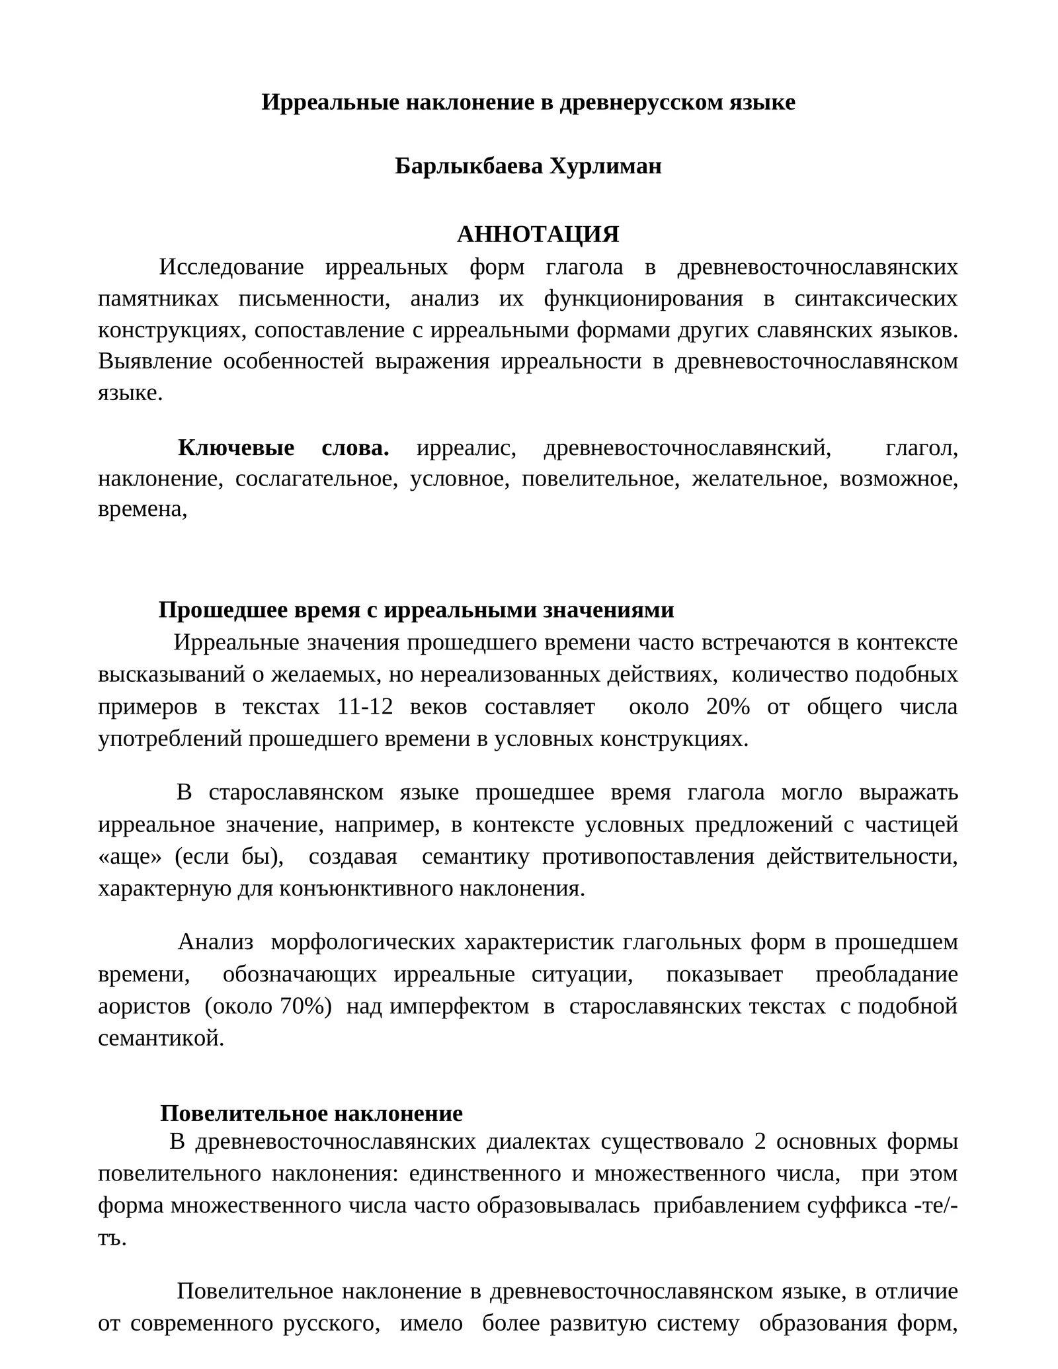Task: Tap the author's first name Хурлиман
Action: coord(606,167)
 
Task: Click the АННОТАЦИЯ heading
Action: coord(538,234)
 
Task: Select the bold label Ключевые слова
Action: coord(283,448)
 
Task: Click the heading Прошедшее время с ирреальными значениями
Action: coord(416,610)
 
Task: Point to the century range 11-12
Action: coord(365,706)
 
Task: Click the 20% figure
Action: coord(728,706)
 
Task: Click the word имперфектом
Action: coord(460,1006)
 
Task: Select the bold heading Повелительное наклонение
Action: coord(311,1113)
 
